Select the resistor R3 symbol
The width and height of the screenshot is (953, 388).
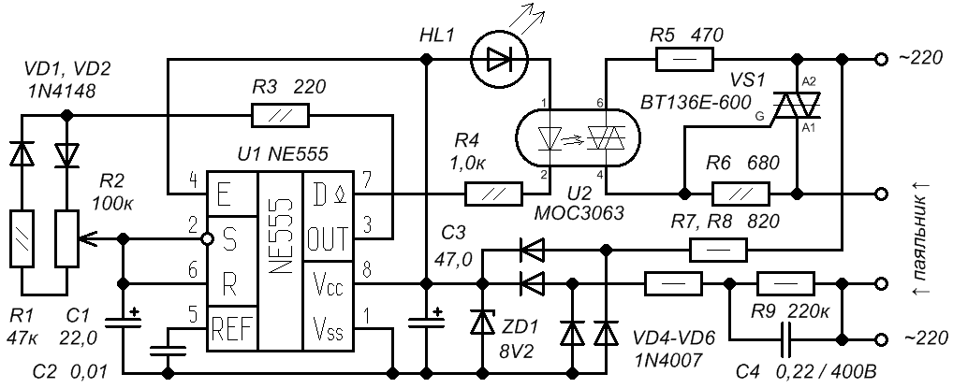(x=280, y=115)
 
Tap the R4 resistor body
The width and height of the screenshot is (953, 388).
(x=493, y=194)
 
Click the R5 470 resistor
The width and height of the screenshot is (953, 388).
(x=684, y=60)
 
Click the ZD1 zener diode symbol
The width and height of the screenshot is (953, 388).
(x=483, y=322)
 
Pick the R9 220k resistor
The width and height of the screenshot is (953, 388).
(x=785, y=283)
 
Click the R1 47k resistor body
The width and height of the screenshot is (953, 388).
(x=22, y=238)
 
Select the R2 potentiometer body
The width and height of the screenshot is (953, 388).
(x=66, y=238)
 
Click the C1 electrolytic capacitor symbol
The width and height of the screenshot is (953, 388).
(x=124, y=322)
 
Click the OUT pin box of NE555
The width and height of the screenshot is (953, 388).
(x=328, y=238)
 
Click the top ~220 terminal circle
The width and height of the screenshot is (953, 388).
(x=879, y=60)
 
